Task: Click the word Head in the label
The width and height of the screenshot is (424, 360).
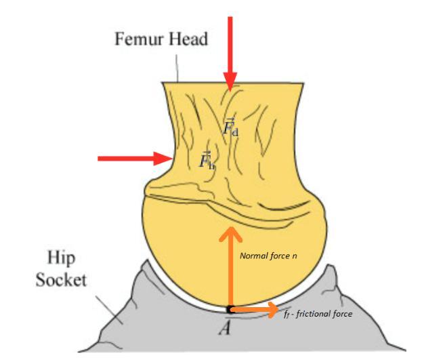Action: [x=188, y=39]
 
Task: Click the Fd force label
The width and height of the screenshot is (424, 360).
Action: [x=230, y=127]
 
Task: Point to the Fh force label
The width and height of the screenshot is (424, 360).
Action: [x=207, y=161]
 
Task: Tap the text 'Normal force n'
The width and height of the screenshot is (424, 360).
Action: [x=270, y=256]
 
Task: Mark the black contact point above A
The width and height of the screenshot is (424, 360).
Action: [x=231, y=309]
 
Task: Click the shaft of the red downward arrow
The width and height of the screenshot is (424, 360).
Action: [x=231, y=41]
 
